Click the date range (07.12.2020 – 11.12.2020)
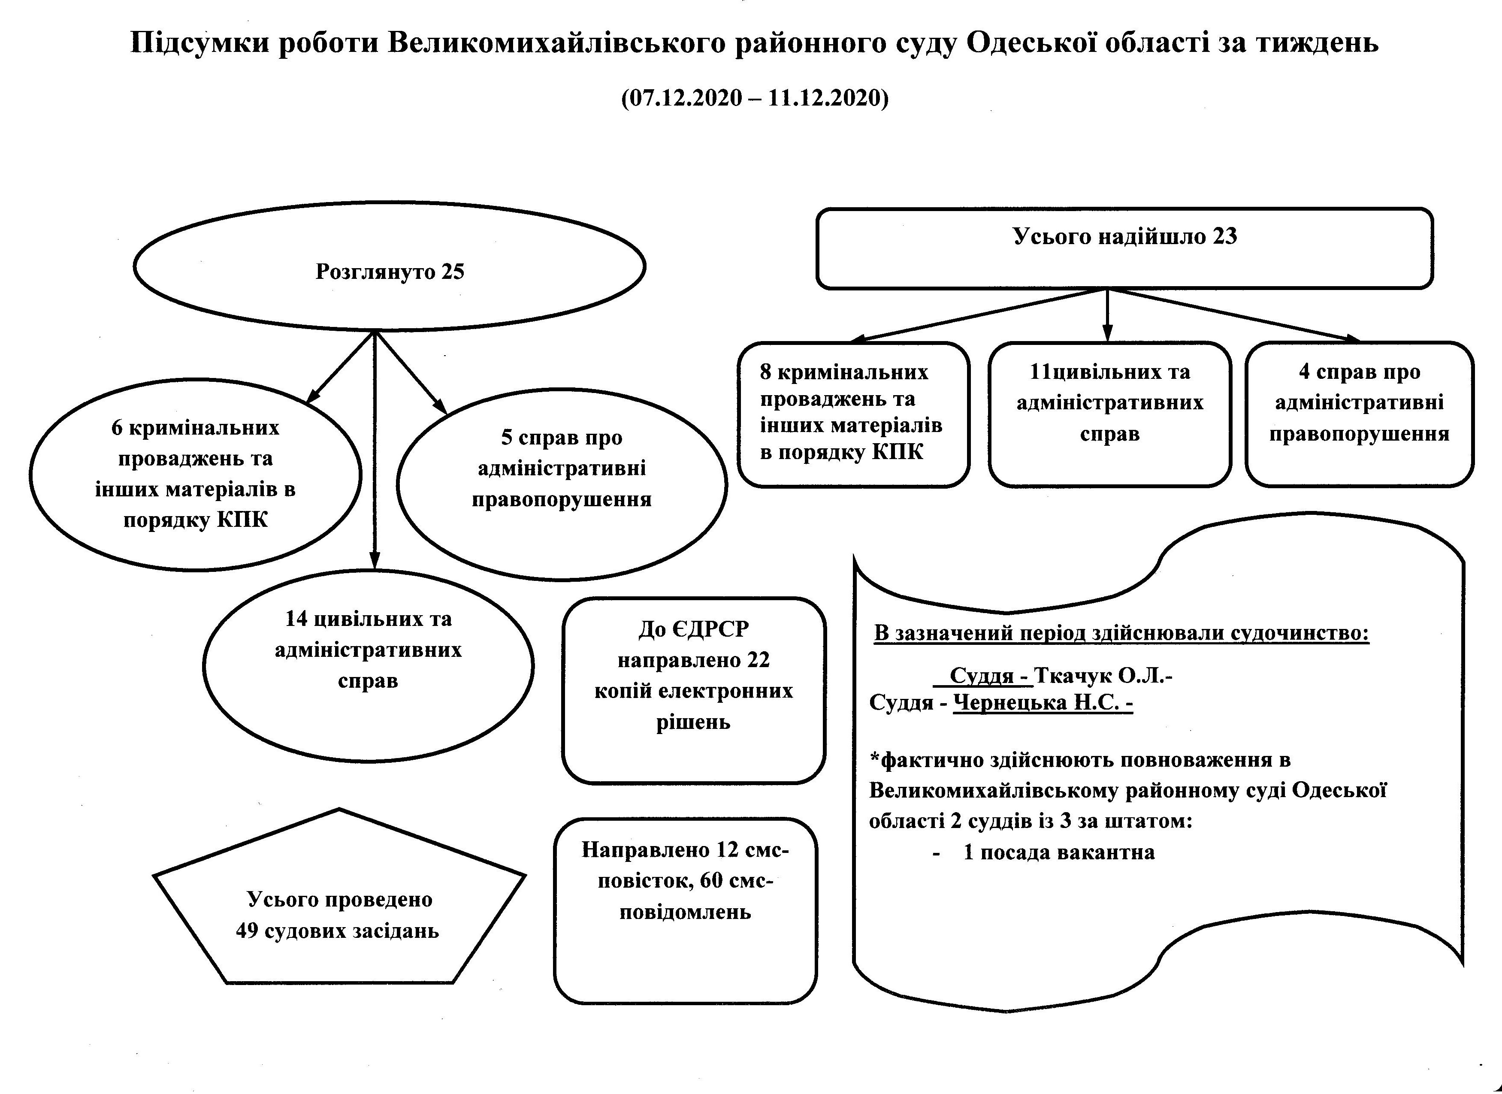(x=755, y=97)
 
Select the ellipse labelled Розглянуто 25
(x=390, y=266)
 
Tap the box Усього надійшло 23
(x=1124, y=248)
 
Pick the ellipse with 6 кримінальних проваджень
(x=195, y=474)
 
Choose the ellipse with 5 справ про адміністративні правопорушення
(x=562, y=484)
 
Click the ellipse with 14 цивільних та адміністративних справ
(x=368, y=665)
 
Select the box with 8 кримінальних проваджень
(x=854, y=414)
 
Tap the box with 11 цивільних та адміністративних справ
(x=1110, y=414)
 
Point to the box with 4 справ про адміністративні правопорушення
(x=1360, y=414)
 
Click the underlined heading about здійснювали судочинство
(x=1121, y=633)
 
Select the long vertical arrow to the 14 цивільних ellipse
(x=375, y=450)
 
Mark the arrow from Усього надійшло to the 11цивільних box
(x=1107, y=315)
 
